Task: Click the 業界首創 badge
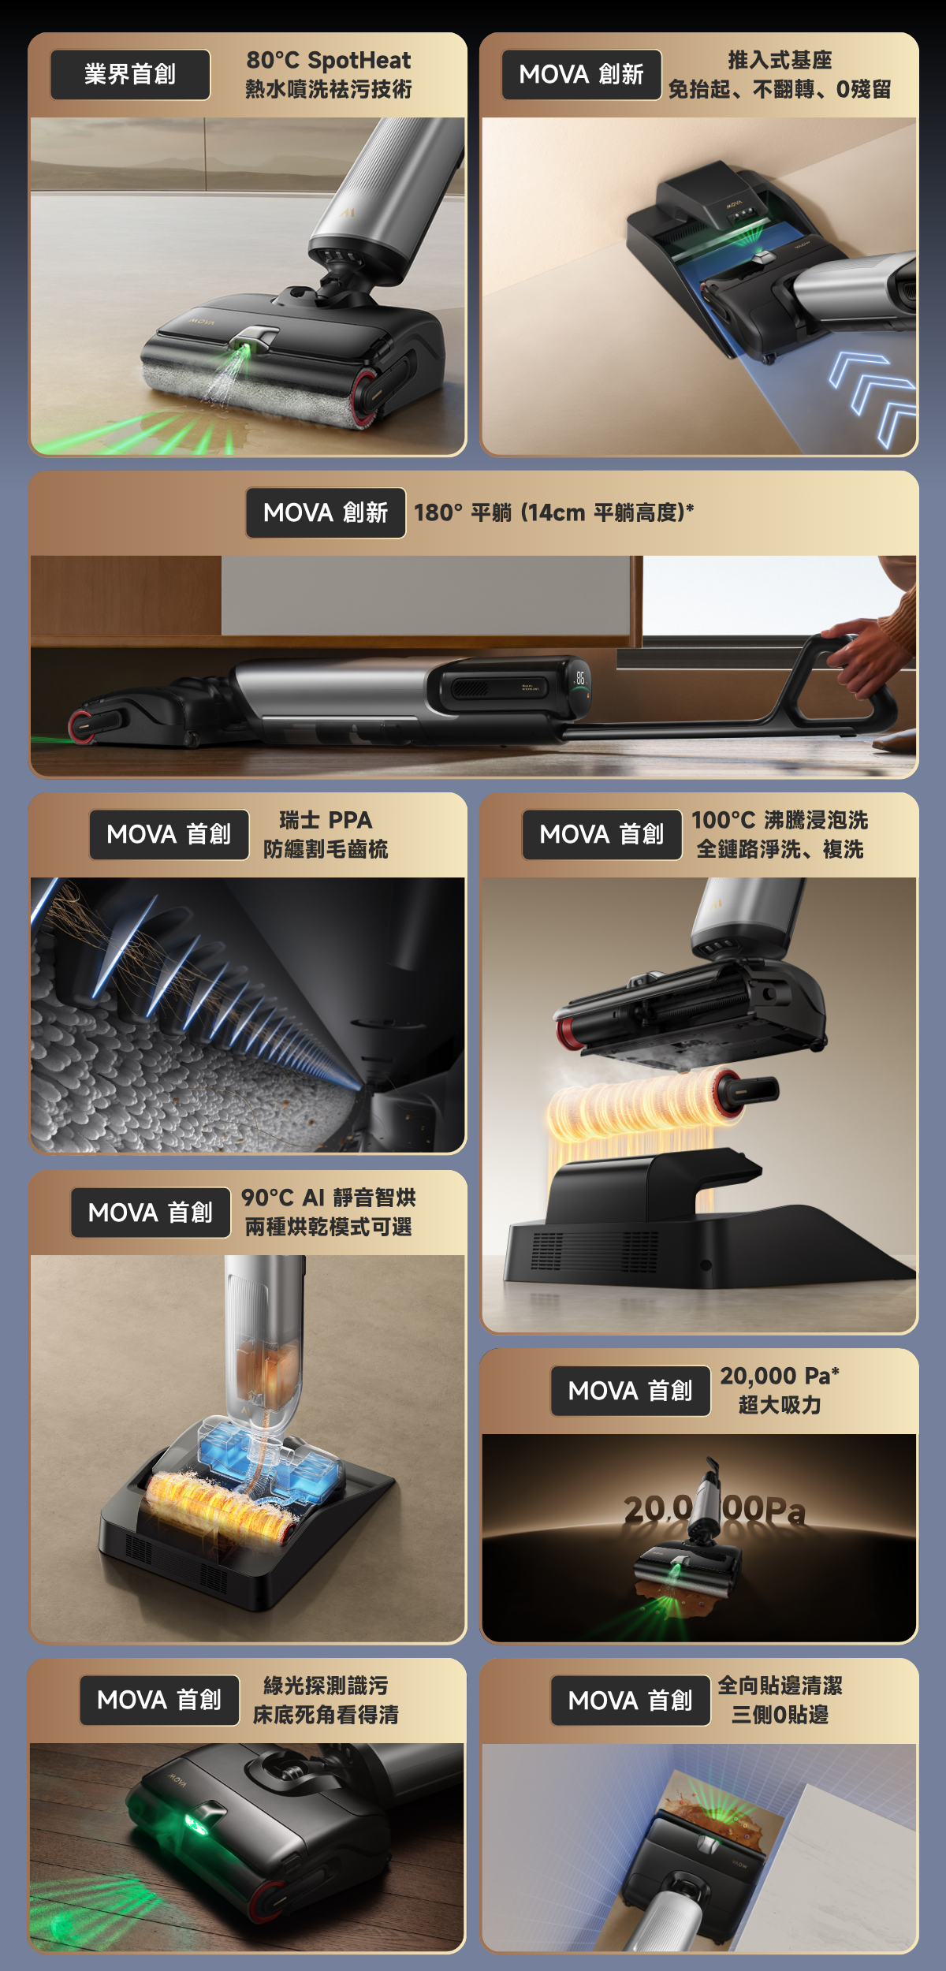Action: coord(130,75)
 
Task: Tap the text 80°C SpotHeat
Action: coord(329,60)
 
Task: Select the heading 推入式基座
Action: coord(780,60)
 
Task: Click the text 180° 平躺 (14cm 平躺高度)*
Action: coord(554,512)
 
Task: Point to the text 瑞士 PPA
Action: coord(326,820)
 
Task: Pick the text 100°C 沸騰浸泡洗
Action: coord(780,820)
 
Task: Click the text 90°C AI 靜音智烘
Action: coord(329,1198)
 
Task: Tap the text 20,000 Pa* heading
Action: coord(780,1376)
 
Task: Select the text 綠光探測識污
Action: coord(326,1686)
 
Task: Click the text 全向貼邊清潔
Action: coord(780,1686)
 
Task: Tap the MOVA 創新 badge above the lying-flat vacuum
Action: coord(326,513)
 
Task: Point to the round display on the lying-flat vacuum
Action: coord(579,685)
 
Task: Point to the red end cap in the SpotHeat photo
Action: coord(367,397)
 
